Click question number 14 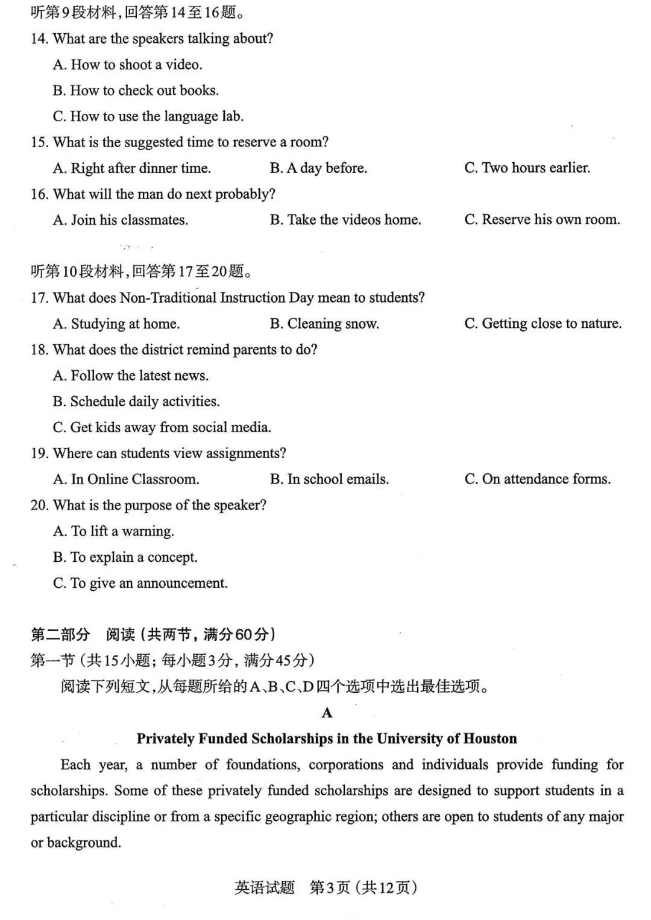(x=39, y=39)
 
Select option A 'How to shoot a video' (x=127, y=65)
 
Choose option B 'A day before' (x=318, y=168)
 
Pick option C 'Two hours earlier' (x=527, y=168)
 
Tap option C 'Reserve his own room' (x=542, y=220)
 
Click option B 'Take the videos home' (x=345, y=220)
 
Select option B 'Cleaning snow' (x=324, y=324)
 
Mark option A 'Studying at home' (x=116, y=324)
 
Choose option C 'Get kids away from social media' (x=162, y=427)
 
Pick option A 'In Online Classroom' (x=126, y=479)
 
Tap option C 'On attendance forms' (x=537, y=479)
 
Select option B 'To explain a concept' (x=125, y=557)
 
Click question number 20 (x=39, y=505)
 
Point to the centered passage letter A (x=327, y=713)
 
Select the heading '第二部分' (x=60, y=634)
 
